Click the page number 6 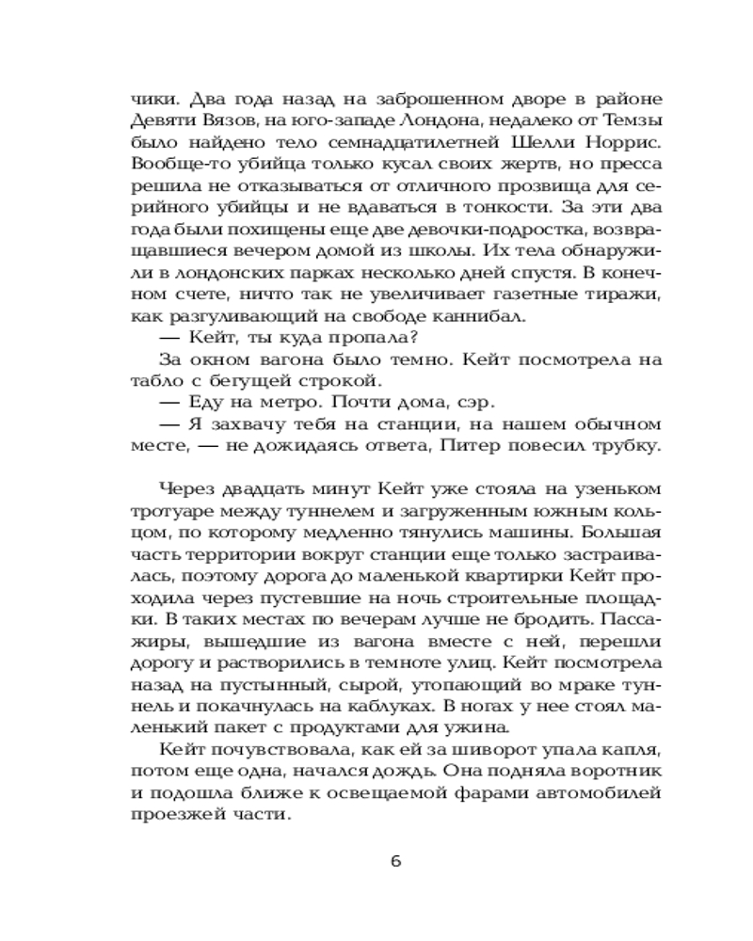(395, 865)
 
